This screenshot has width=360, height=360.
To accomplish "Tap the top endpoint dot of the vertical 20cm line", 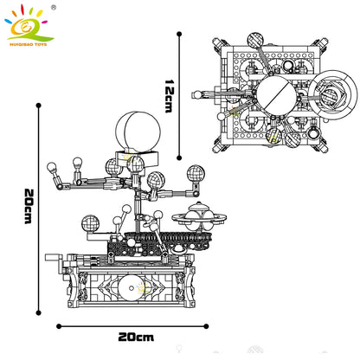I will tap(38, 105).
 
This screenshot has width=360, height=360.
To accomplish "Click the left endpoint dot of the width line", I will tap(58, 326).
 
